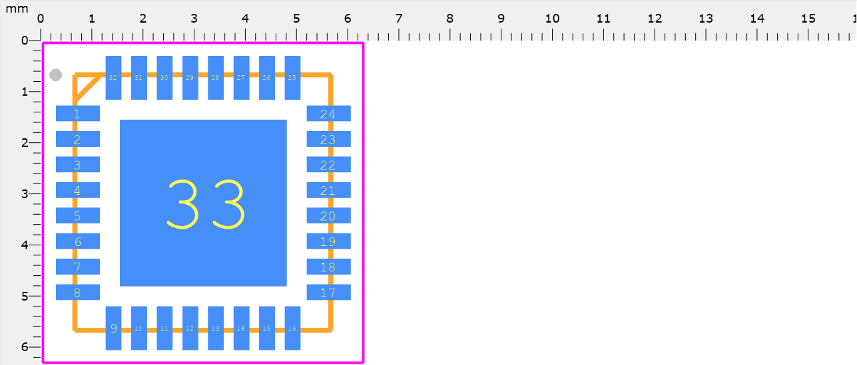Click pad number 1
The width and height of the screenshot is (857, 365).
tap(77, 114)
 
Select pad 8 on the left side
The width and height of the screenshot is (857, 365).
tap(77, 293)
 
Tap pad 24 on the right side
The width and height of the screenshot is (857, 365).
tap(328, 114)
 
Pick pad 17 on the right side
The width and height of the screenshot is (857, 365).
tap(328, 293)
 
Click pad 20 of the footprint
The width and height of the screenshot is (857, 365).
tap(328, 216)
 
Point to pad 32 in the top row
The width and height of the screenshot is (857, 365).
tap(113, 78)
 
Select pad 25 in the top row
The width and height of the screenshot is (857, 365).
tap(292, 78)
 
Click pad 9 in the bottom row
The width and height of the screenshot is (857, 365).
tap(113, 328)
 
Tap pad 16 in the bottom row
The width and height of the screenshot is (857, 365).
tap(292, 328)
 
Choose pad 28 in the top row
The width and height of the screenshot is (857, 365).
tap(215, 78)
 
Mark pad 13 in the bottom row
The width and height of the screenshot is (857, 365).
tap(215, 328)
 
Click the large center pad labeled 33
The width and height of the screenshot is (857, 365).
tap(203, 203)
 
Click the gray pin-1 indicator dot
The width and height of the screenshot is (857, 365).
tap(56, 75)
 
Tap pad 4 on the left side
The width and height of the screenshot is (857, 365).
tap(77, 191)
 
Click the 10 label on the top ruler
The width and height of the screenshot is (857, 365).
tap(552, 18)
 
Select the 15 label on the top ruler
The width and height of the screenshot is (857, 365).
tap(808, 18)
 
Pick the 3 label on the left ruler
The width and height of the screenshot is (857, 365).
tap(24, 194)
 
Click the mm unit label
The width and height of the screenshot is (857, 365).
tap(17, 9)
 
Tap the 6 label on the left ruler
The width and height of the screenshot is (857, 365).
tap(24, 347)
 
